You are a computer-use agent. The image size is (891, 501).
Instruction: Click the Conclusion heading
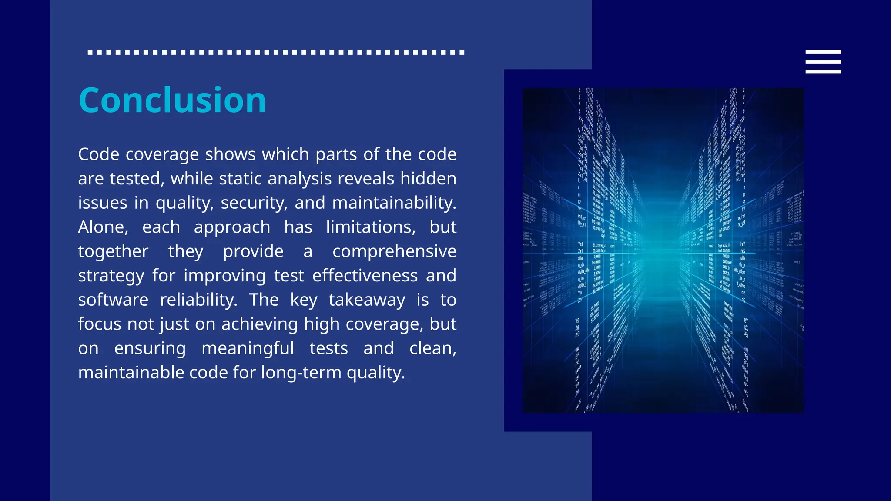[172, 100]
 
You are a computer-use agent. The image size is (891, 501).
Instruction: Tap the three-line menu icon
[823, 62]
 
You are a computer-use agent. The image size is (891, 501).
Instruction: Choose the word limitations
[371, 227]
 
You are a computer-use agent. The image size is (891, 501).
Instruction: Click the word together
[113, 251]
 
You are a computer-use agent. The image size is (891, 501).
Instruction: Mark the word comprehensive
[394, 251]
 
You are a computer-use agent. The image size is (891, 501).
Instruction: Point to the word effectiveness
[365, 276]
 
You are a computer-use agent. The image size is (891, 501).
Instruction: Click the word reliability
[198, 300]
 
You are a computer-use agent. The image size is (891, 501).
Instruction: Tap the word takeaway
[367, 300]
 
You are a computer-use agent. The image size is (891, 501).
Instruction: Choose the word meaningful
[248, 348]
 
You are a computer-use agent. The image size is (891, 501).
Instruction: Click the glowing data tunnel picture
[663, 250]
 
